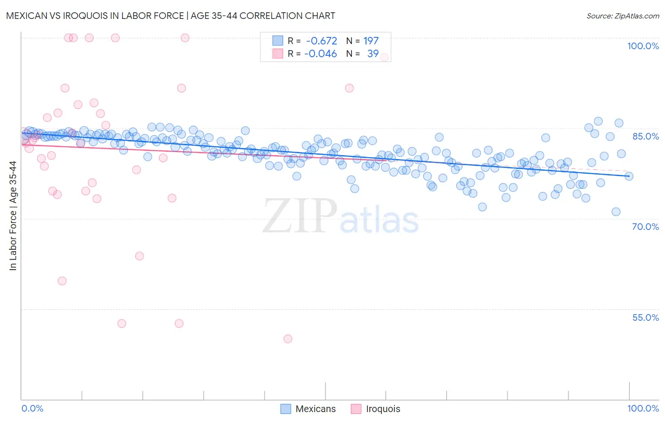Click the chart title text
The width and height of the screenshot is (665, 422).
pos(170,16)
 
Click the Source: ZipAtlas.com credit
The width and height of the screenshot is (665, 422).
pos(622,16)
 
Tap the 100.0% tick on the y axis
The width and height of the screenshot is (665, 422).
pos(643,46)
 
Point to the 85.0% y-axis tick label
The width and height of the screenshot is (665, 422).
pos(646,136)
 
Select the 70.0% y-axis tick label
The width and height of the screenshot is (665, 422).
pos(645,227)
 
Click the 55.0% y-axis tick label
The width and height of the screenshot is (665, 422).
pos(645,317)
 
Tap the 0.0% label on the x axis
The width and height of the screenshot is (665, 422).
pos(32,408)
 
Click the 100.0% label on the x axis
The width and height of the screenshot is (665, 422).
pos(643,408)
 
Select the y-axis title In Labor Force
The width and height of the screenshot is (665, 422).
pos(13,216)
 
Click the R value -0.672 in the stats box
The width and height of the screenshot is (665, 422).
pos(322,41)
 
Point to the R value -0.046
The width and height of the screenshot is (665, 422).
pos(321,54)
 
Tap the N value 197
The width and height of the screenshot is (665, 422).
pos(371,41)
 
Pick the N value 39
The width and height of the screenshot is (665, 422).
pos(373,54)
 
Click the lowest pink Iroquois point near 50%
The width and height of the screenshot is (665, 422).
pos(288,339)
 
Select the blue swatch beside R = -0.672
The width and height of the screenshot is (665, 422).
pos(278,41)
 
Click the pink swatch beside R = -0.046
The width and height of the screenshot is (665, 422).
pos(278,54)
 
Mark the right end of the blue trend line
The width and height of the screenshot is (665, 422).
pos(629,176)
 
